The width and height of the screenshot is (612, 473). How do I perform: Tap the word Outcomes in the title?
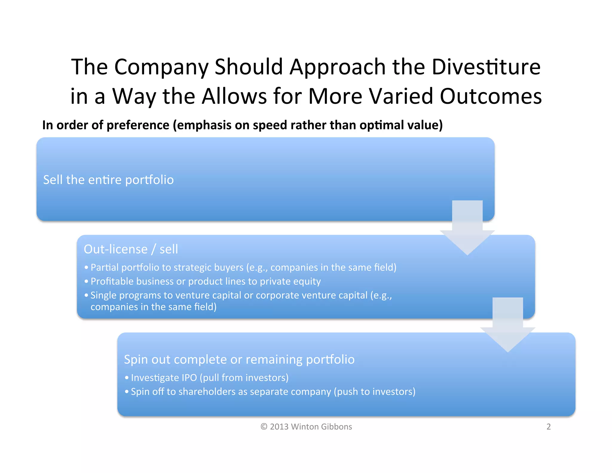[491, 96]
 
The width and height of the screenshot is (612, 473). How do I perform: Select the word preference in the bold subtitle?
[138, 125]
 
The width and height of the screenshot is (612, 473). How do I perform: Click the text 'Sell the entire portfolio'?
[108, 180]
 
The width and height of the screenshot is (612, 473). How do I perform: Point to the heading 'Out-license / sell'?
[131, 249]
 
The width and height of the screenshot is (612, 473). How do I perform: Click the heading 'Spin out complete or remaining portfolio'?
[239, 359]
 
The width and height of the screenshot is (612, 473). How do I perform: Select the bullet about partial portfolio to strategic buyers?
[243, 267]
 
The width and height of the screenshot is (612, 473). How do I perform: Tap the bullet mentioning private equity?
[205, 281]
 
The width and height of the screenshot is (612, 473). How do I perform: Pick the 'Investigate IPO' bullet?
[209, 378]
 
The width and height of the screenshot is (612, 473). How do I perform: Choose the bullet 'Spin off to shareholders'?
[273, 392]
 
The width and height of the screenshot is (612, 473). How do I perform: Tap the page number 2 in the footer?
[548, 427]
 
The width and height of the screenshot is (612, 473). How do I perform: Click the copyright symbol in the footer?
[264, 427]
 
